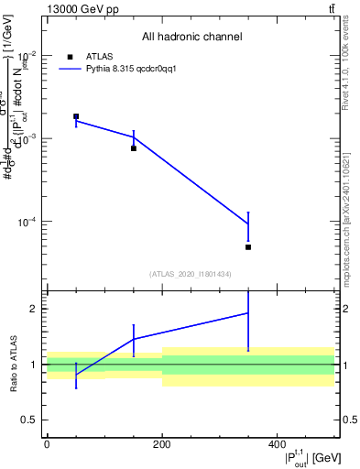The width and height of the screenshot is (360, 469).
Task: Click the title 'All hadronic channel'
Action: tap(191, 37)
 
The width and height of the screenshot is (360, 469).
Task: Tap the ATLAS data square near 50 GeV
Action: tap(76, 116)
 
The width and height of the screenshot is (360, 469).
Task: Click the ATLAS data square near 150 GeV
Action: tap(134, 147)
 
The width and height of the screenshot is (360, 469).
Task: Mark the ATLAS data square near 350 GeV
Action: tap(248, 247)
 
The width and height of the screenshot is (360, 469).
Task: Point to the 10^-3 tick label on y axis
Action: tap(30, 138)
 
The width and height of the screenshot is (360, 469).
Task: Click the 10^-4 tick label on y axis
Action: tap(30, 223)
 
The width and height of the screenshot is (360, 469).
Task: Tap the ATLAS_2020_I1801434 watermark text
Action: tap(191, 274)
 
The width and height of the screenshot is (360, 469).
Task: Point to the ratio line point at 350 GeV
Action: tap(248, 313)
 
